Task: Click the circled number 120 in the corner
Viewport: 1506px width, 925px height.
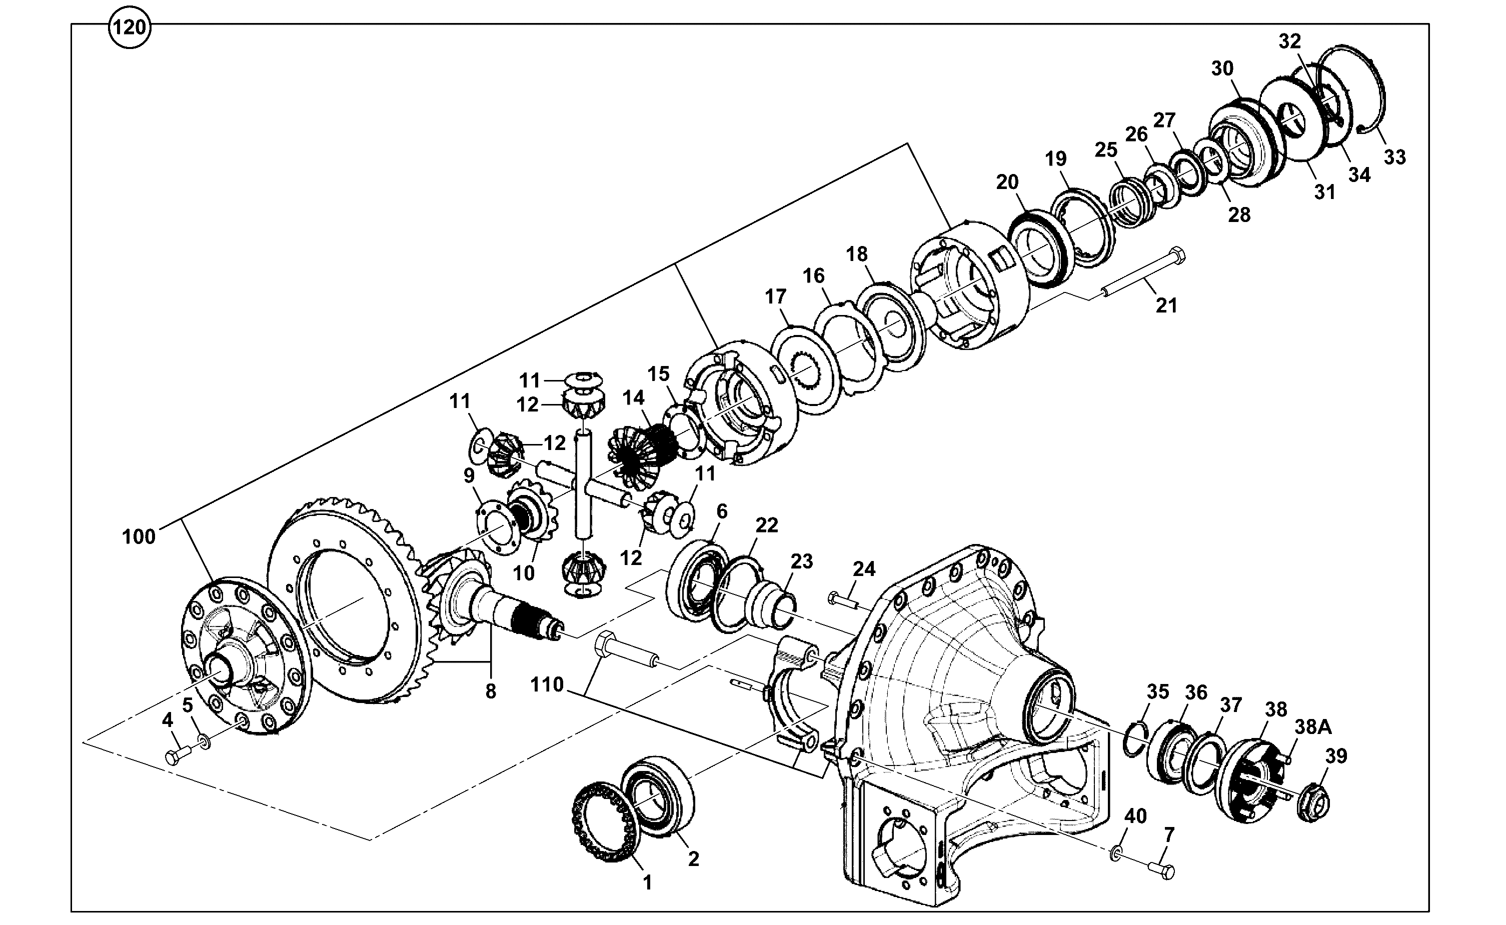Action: [x=130, y=27]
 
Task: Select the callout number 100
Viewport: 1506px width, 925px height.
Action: [x=139, y=536]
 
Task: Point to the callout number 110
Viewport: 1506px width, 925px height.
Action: [x=547, y=684]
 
